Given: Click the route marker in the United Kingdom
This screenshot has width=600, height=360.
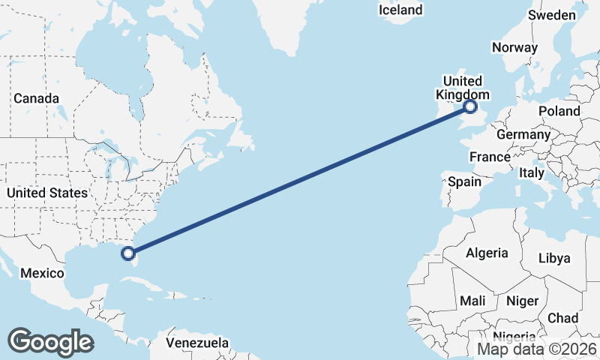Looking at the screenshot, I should pos(471,107).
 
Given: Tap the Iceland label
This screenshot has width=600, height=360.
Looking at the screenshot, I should pos(400,10).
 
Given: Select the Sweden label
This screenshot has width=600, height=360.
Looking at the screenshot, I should pos(552,15).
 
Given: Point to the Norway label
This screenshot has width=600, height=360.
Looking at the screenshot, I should pos(514,47).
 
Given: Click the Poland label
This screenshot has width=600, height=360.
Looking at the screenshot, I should pos(559,111).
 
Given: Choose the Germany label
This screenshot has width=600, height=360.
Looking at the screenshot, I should pos(523,134).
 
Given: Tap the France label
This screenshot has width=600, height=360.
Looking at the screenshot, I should pos(490,157).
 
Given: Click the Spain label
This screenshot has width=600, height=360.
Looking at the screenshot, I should pos(464,181).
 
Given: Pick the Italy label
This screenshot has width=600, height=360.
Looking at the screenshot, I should pos(532,172).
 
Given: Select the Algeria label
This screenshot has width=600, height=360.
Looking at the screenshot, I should pos(487,253).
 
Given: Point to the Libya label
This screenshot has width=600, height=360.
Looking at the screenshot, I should pos(554,258).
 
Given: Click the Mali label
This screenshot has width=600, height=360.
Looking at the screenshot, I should pos(472,300).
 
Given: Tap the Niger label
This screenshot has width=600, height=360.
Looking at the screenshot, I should pos(523,301).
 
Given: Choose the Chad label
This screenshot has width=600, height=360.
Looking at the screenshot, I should pos(562,318).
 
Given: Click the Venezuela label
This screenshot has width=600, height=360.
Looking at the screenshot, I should pos(197,343).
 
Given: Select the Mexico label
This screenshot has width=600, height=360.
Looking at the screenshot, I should pos(41,273).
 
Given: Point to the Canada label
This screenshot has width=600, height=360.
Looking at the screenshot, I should pos(36,98).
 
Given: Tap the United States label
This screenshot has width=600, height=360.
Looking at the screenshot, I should pos(46,193).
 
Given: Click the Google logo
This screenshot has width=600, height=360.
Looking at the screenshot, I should pos(50,342).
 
